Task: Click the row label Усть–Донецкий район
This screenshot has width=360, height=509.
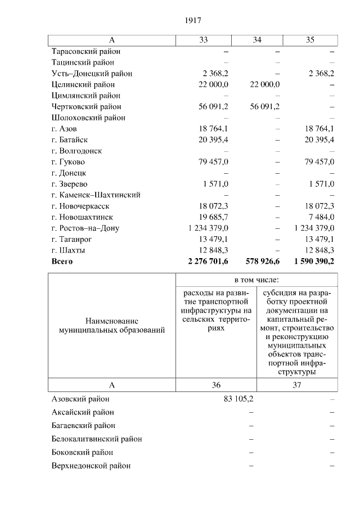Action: pyautogui.click(x=92, y=74)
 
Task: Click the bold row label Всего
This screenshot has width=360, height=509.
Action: pyautogui.click(x=62, y=262)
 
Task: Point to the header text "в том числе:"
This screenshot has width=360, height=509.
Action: pyautogui.click(x=256, y=280)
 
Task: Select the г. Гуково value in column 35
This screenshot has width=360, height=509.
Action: pyautogui.click(x=319, y=162)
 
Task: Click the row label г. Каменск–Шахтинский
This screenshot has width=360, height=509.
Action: pyautogui.click(x=96, y=195)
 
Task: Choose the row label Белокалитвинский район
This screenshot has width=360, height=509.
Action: pyautogui.click(x=96, y=439)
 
